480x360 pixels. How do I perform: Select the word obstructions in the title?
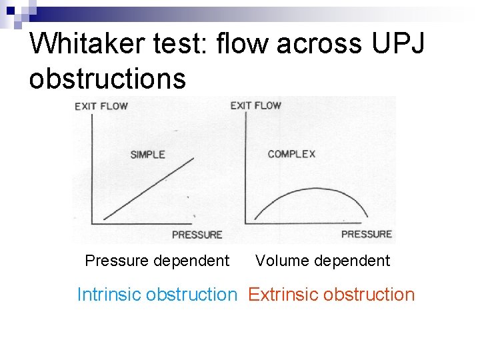[x=107, y=78]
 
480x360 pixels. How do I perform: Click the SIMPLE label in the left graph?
[x=147, y=155]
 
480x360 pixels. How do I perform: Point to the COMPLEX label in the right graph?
[x=291, y=154]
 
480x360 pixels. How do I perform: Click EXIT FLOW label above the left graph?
[x=101, y=106]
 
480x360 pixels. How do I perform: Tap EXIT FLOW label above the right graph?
[x=256, y=105]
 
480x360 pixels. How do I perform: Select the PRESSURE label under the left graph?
[x=197, y=234]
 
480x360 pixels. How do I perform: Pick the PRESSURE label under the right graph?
[x=366, y=233]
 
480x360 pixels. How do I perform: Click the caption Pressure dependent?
[x=157, y=261]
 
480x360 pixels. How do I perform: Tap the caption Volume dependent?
[x=323, y=261]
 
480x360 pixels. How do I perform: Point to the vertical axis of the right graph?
[x=247, y=167]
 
